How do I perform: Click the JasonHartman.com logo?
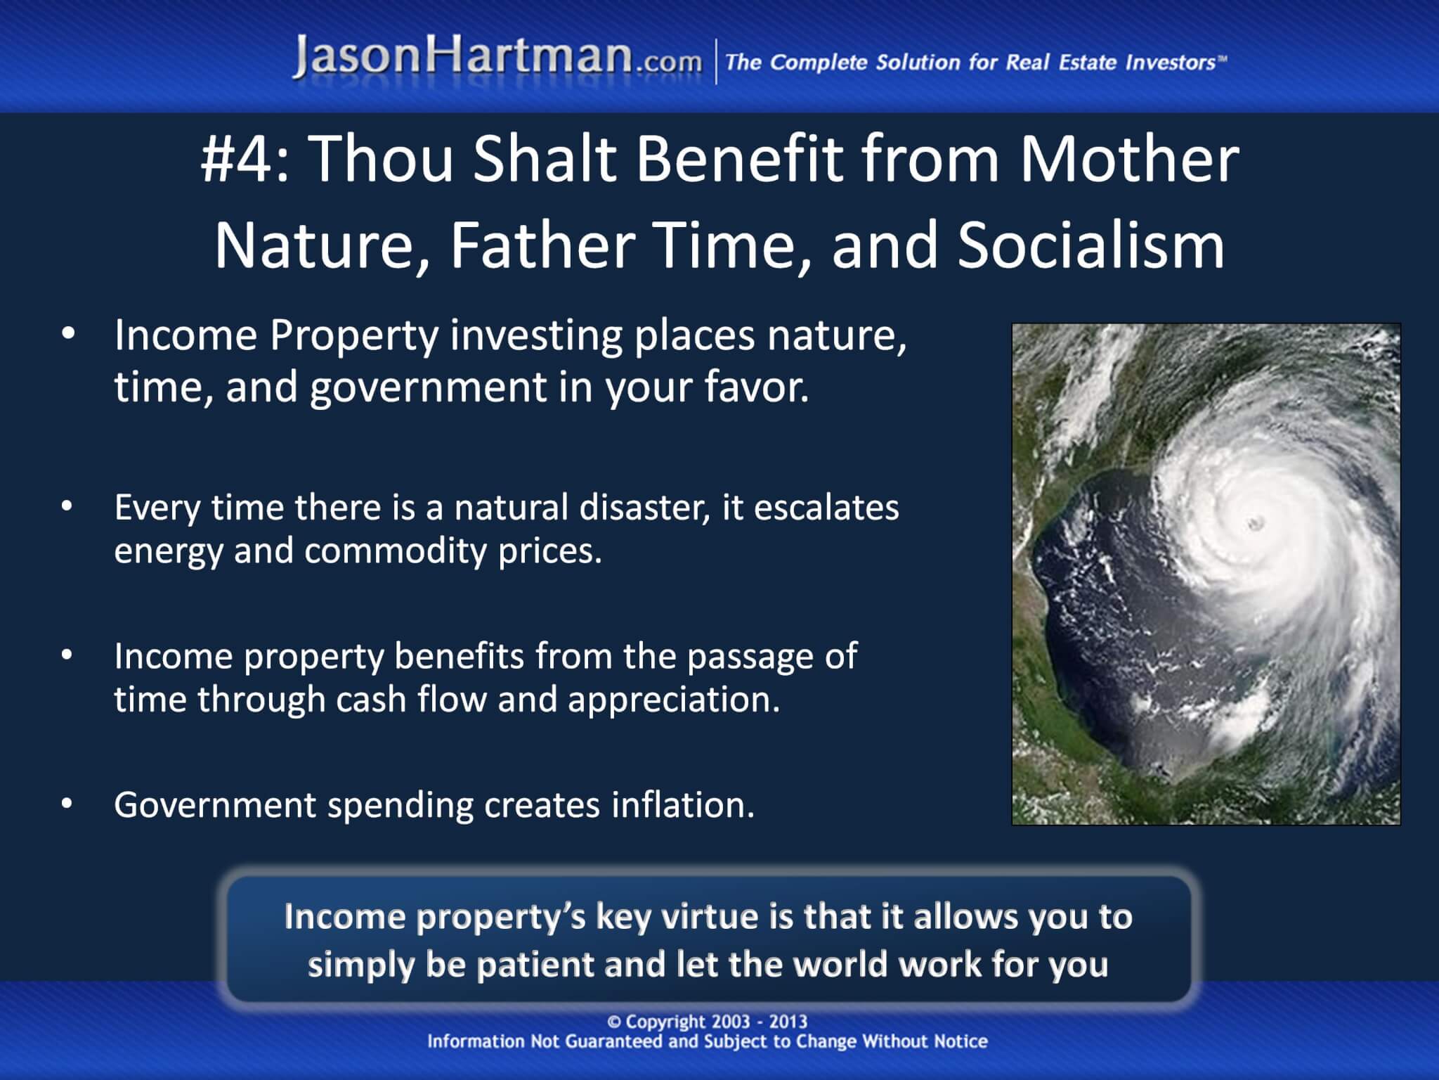point(497,58)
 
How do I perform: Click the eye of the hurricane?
point(1255,521)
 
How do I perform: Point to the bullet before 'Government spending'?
point(67,804)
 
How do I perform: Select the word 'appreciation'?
point(674,700)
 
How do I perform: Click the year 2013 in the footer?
point(788,1022)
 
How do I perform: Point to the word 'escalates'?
point(826,508)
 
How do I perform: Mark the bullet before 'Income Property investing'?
point(67,335)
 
